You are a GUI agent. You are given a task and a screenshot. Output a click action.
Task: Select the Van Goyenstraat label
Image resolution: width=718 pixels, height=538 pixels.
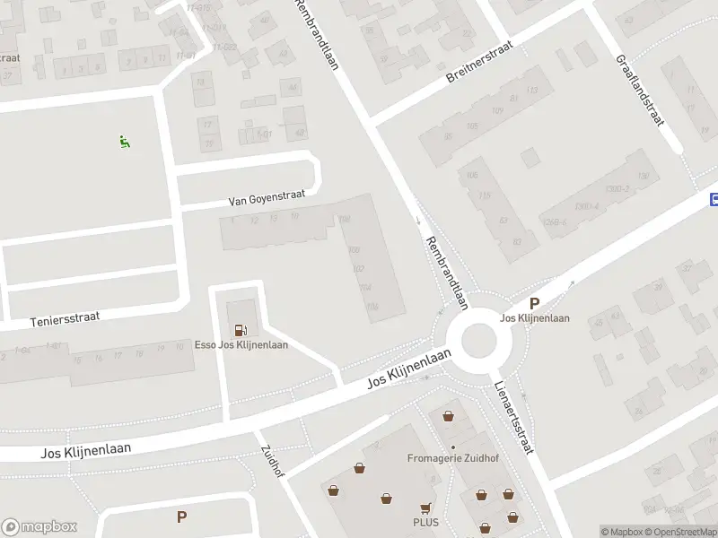pos(267,195)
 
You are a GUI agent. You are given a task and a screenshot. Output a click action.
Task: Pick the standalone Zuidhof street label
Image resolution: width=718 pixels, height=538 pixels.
pos(273,462)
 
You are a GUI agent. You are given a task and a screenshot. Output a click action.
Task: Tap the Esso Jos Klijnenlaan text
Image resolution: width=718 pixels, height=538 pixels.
pos(241,345)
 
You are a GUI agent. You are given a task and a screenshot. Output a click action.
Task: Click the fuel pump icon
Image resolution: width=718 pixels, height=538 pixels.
pos(241,331)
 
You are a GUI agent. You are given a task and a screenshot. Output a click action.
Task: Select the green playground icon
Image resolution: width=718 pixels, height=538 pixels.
pos(124,141)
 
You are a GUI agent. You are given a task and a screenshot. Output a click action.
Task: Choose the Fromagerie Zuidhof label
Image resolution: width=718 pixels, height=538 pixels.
pos(452,458)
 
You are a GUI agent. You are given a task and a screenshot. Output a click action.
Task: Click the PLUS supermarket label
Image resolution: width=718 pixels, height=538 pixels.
pos(425,522)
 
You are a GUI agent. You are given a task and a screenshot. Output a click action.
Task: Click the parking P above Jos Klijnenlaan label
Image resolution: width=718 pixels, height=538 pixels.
pos(535,304)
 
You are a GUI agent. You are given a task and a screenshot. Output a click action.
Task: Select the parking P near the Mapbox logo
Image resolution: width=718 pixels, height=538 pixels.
pos(181,516)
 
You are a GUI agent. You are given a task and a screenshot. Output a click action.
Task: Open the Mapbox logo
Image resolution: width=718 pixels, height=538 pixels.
pos(39,527)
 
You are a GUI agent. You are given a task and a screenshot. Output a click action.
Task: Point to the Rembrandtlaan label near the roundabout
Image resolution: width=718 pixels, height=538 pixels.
pos(447,273)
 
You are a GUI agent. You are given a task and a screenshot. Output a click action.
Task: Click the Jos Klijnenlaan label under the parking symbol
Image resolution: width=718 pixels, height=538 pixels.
pos(535,318)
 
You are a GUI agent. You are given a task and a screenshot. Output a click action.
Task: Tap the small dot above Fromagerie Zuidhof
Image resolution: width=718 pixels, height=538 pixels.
pos(453,447)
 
